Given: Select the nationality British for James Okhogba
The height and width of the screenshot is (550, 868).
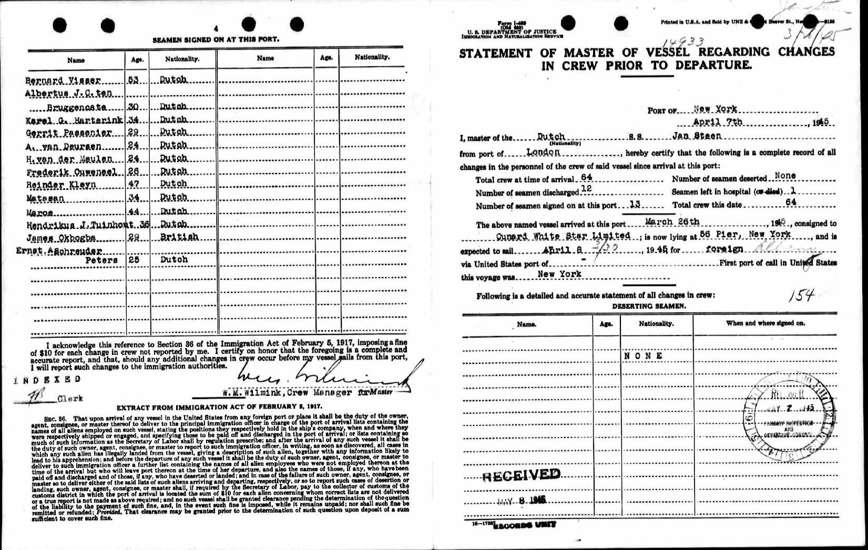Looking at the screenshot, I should (x=179, y=237).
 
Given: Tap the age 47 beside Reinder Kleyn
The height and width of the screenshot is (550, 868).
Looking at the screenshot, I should (x=134, y=184).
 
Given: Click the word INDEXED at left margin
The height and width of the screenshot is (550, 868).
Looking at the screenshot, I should (x=48, y=379).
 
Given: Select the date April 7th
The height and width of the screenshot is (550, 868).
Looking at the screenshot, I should (x=718, y=122).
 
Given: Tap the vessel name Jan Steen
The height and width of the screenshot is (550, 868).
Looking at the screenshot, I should (x=697, y=136).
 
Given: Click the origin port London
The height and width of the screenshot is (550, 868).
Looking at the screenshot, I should (x=543, y=152).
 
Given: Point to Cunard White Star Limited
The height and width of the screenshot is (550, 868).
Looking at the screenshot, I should (x=563, y=236).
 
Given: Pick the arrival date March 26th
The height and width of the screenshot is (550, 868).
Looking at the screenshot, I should (x=672, y=222).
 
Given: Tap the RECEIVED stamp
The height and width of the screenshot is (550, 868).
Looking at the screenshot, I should (x=521, y=475).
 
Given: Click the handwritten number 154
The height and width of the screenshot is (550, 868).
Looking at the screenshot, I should (x=801, y=297).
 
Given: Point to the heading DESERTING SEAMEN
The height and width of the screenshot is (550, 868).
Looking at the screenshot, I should (x=649, y=306).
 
